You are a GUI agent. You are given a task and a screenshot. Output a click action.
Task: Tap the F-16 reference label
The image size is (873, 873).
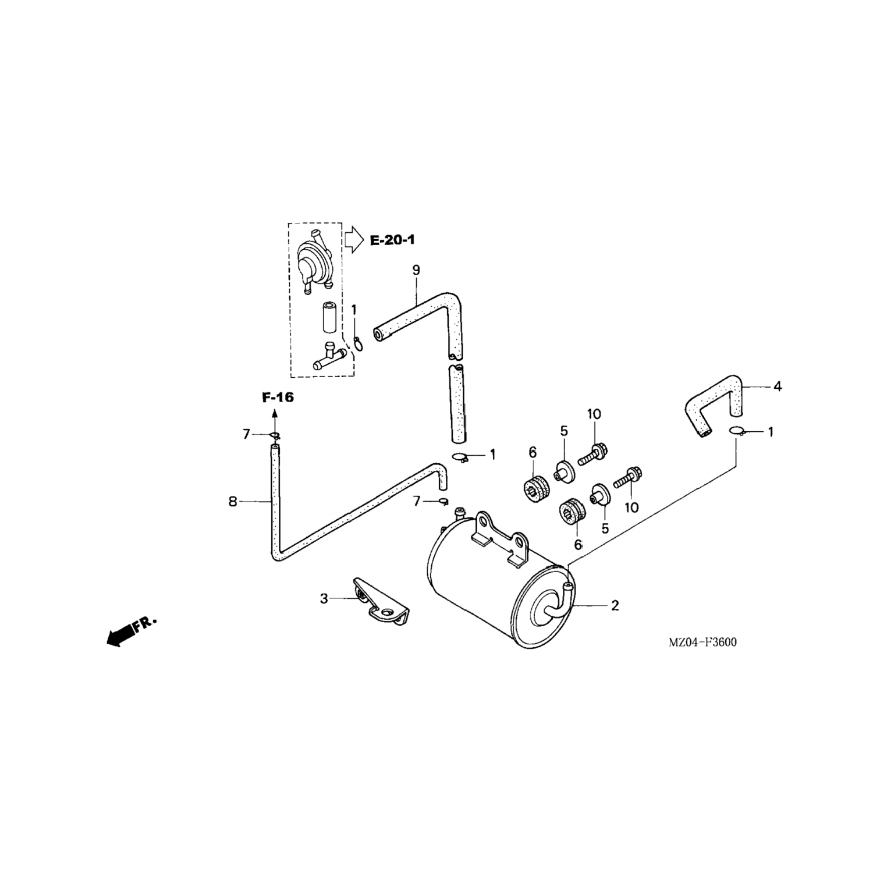point(278,398)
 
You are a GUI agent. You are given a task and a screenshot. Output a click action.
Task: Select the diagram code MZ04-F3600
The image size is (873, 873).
point(702,643)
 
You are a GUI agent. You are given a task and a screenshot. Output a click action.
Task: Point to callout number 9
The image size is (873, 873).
point(416,270)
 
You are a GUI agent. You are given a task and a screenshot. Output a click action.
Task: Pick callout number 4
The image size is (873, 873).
point(777,386)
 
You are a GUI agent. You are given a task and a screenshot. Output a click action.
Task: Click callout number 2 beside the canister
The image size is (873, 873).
point(615,605)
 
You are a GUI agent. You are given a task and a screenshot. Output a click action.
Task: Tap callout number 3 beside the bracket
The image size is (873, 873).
point(324,598)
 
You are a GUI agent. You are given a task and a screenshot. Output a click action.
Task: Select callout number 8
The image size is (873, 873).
point(233,501)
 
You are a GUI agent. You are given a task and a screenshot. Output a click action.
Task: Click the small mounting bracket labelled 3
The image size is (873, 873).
point(378,605)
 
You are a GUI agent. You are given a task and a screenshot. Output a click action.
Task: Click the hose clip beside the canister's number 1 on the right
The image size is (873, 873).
point(737,431)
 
